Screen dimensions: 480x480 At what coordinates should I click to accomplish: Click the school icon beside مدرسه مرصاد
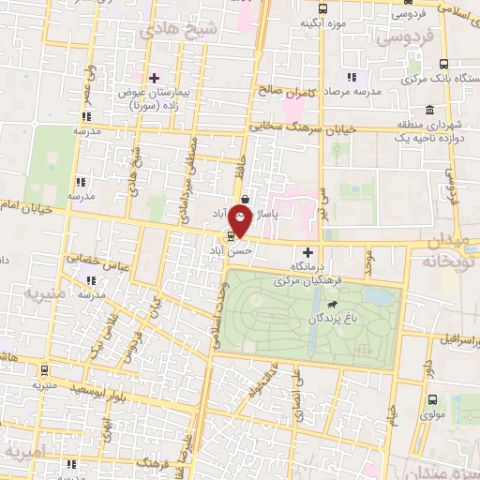pyautogui.click(x=351, y=77)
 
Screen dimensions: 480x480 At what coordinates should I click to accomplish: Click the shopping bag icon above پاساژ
pyautogui.click(x=244, y=199)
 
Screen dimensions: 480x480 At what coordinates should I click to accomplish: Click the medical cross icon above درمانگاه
pyautogui.click(x=308, y=252)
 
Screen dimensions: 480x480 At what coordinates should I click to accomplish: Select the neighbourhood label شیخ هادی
pyautogui.click(x=183, y=29)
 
